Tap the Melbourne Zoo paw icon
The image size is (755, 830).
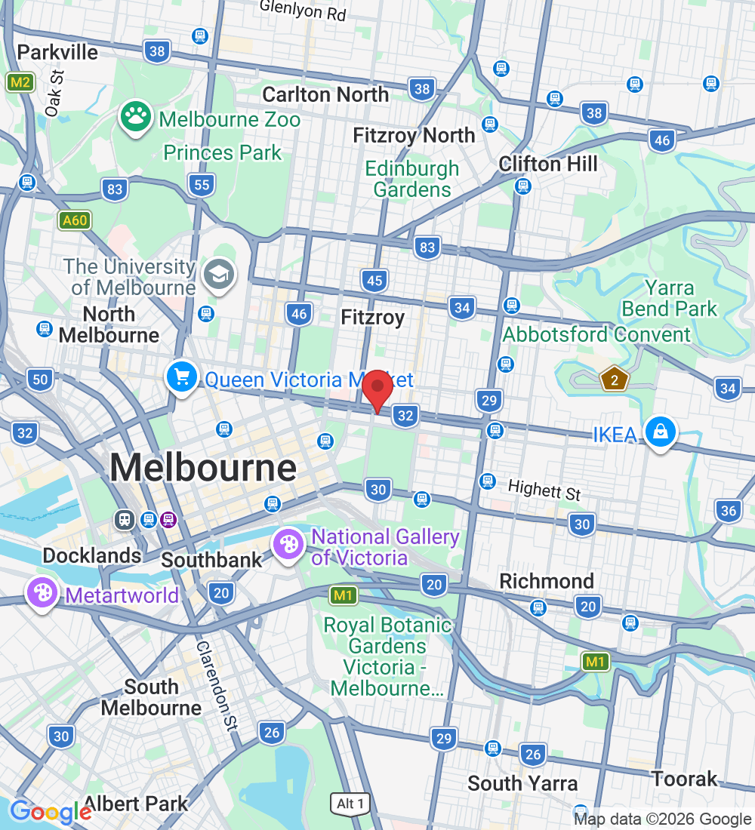click(x=135, y=118)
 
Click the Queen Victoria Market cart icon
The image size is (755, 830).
click(x=182, y=377)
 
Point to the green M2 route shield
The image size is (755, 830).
click(x=20, y=82)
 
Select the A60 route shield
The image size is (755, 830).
click(x=75, y=220)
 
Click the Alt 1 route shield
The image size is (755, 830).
click(x=350, y=804)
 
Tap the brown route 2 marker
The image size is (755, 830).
click(x=615, y=380)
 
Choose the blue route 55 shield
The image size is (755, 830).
click(x=202, y=185)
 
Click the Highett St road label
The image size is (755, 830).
click(x=544, y=490)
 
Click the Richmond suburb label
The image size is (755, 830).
click(x=547, y=581)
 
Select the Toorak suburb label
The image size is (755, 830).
click(x=684, y=779)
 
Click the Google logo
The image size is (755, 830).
click(x=51, y=811)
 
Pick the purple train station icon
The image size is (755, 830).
click(x=168, y=519)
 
